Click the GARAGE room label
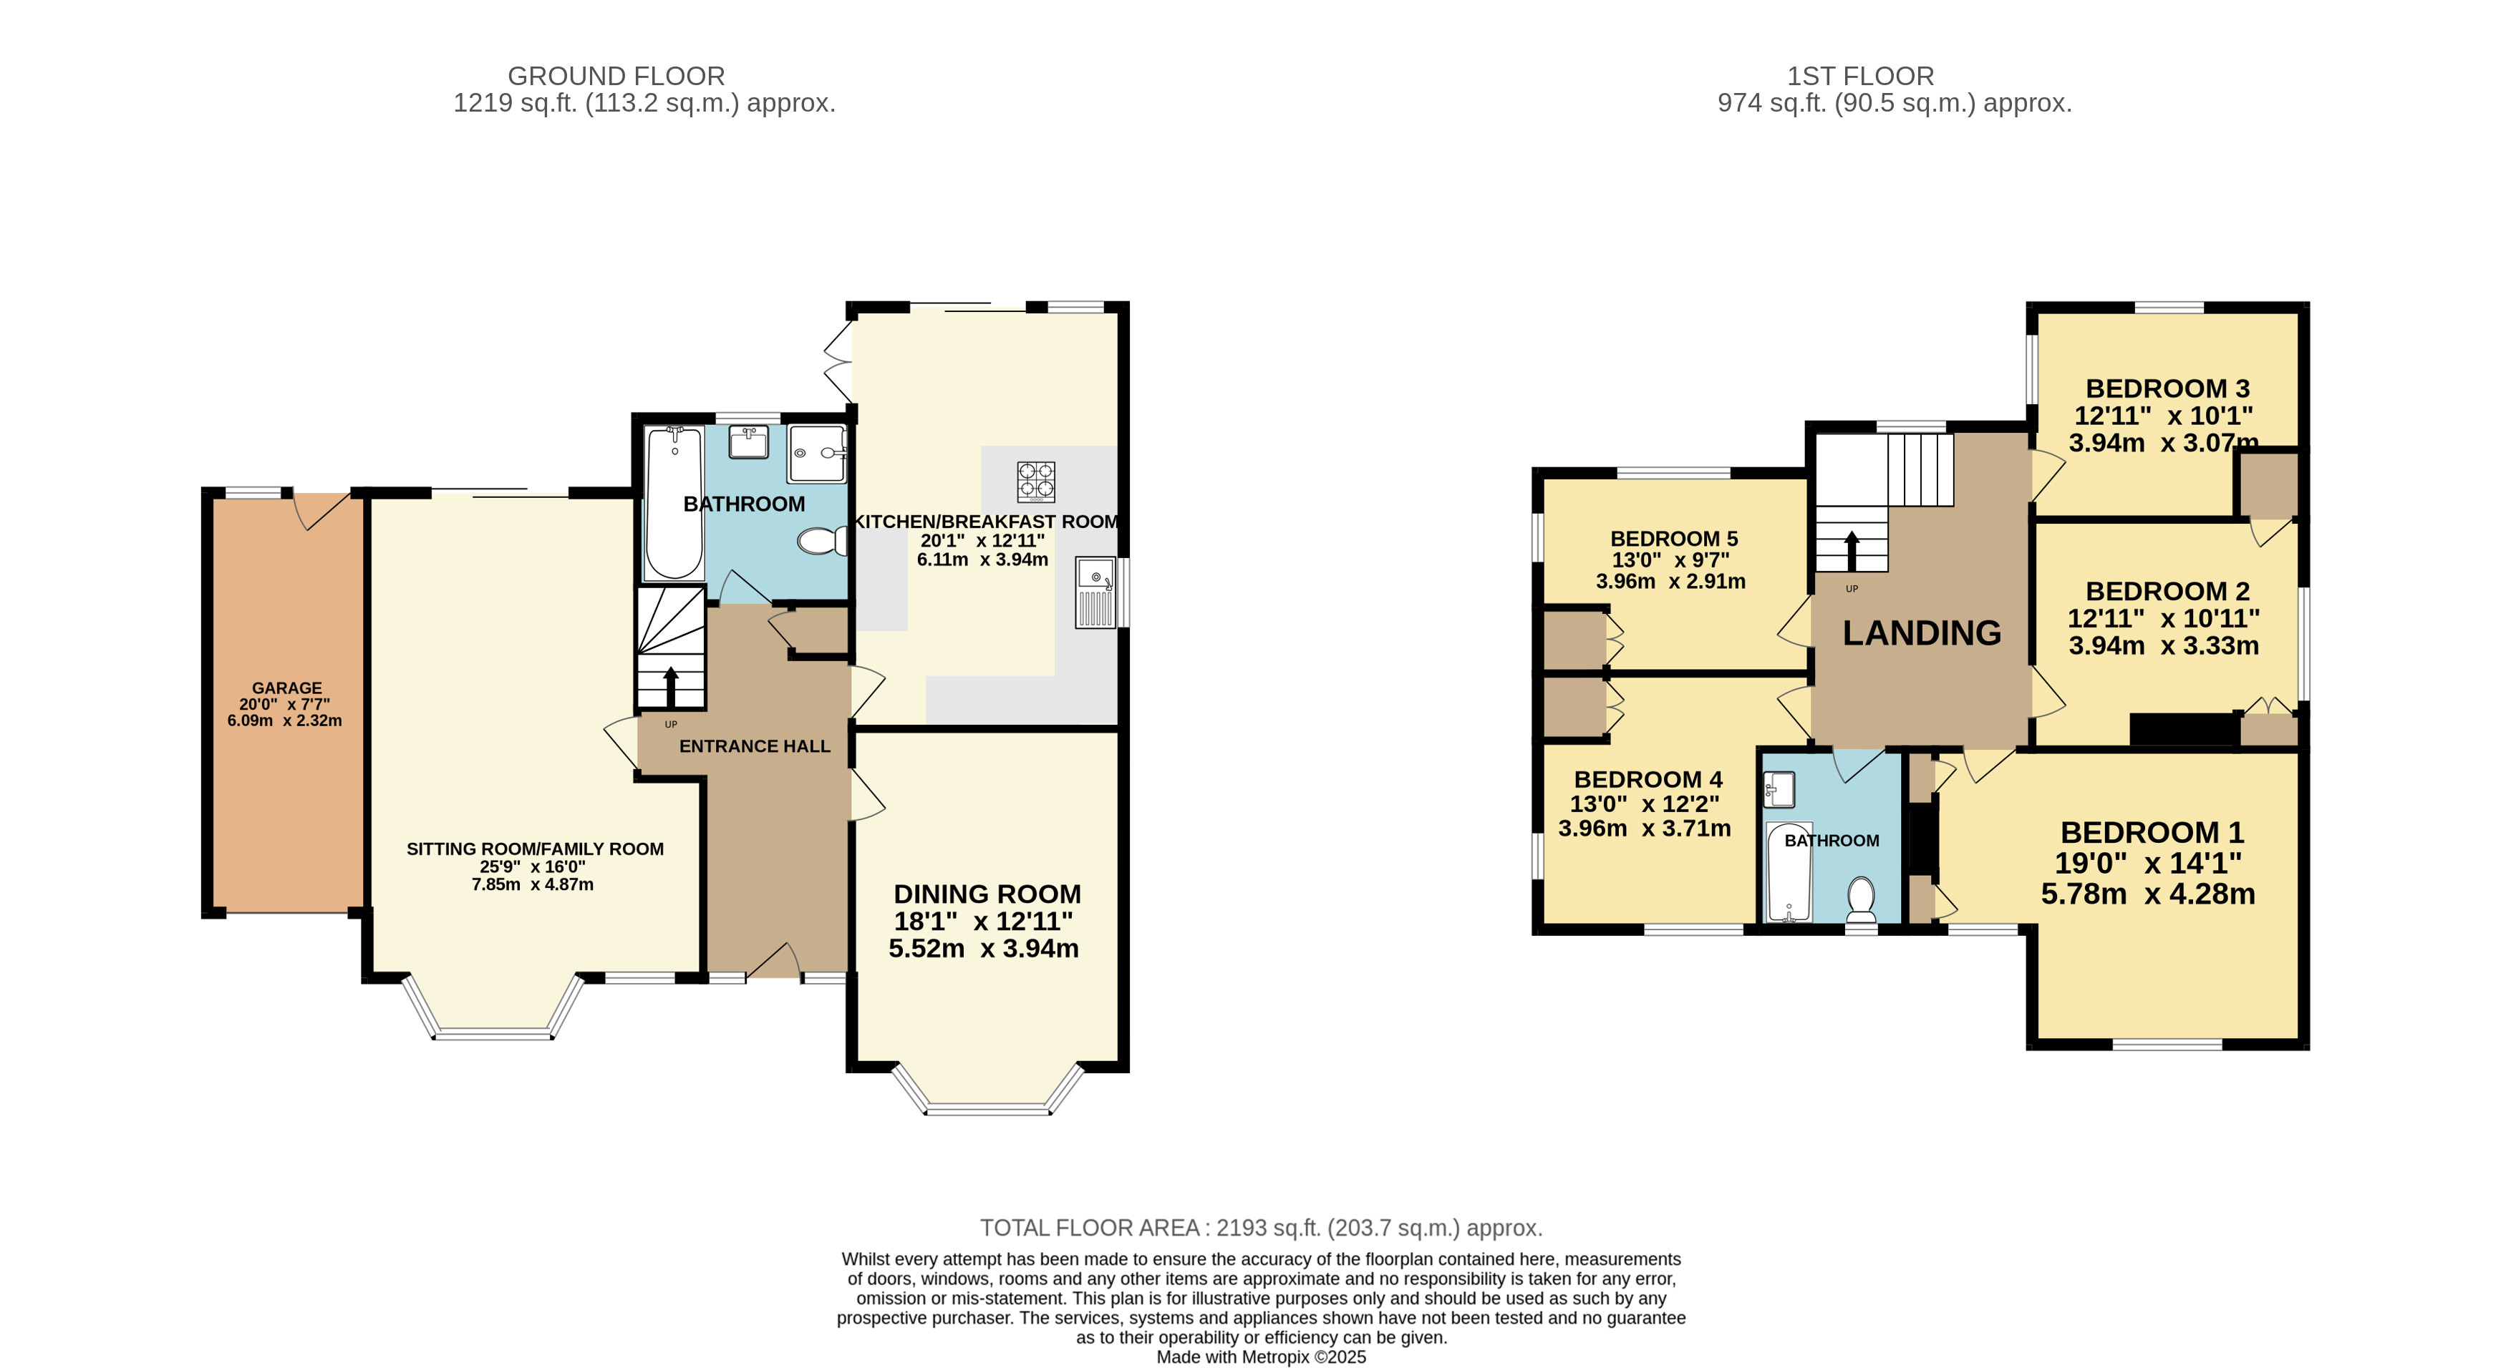[286, 688]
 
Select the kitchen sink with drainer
[1095, 592]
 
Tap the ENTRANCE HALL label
[755, 746]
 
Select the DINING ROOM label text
[987, 894]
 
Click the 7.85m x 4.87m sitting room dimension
[532, 885]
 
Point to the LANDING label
[1921, 633]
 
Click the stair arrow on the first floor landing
[1851, 550]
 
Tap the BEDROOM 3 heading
[2167, 389]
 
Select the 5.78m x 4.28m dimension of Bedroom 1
[2147, 894]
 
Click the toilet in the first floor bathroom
[1861, 899]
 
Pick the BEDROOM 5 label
[1674, 539]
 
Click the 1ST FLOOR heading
[1860, 76]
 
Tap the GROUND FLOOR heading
[616, 76]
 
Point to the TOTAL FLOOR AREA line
[1260, 1228]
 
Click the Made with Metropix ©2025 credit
[1260, 1357]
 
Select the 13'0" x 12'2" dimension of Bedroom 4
[1645, 804]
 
